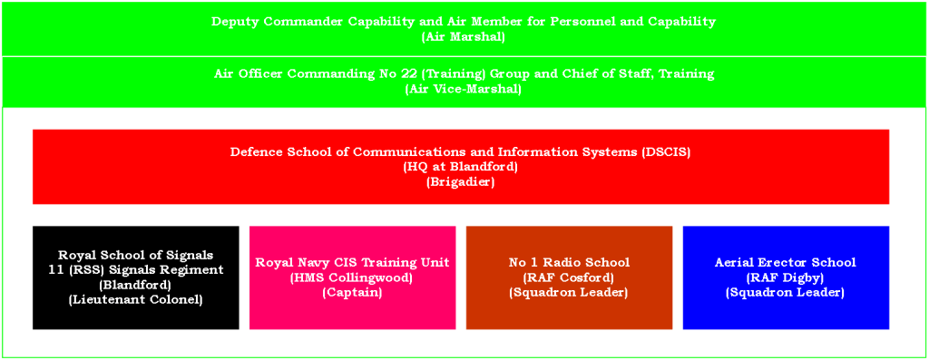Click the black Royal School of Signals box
(x=136, y=277)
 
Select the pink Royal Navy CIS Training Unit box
(x=353, y=277)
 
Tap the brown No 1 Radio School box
(x=570, y=277)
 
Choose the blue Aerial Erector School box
(x=787, y=277)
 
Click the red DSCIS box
(x=461, y=166)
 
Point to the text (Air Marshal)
(x=464, y=36)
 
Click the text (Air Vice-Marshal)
(x=464, y=90)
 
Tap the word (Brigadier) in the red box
(x=460, y=182)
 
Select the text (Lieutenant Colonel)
(x=136, y=299)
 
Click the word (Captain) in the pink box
(x=353, y=292)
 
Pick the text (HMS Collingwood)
(x=353, y=277)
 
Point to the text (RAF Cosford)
(x=569, y=277)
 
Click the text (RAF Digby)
(x=786, y=277)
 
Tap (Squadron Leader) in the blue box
(x=786, y=292)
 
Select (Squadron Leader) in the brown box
(x=569, y=292)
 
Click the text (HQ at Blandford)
(x=460, y=167)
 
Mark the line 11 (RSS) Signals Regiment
(x=136, y=269)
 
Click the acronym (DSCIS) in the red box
(x=666, y=151)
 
